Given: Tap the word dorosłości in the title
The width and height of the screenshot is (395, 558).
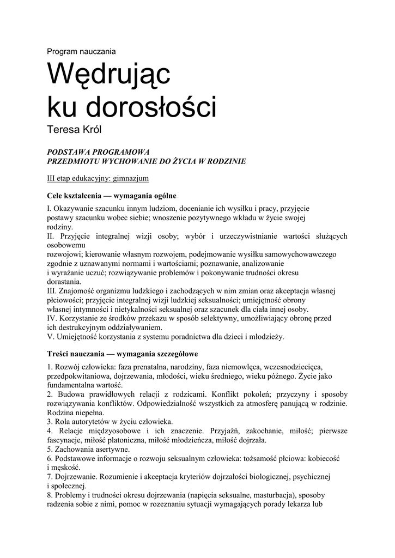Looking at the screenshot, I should [x=157, y=107].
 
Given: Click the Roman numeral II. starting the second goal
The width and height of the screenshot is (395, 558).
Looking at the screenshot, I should [x=51, y=236].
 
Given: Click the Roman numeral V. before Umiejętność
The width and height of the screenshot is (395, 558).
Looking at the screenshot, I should [x=51, y=336].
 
